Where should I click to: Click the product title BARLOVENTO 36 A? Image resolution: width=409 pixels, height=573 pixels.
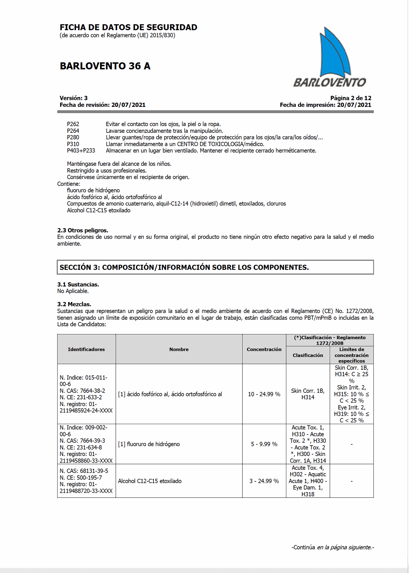pos(105,66)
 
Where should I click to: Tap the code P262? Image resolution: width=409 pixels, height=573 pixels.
pos(73,124)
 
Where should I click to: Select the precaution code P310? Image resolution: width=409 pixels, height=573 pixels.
pos(73,144)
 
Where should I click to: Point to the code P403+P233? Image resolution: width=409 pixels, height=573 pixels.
pos(81,151)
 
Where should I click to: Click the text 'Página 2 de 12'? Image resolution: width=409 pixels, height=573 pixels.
pos(350,98)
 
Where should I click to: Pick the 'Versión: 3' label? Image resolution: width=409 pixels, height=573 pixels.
pos(73,98)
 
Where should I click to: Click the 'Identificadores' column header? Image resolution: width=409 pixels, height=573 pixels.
pos(86,349)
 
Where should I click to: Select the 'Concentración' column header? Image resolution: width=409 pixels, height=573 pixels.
pos(264,349)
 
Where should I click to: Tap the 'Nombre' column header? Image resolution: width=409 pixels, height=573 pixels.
pos(179,349)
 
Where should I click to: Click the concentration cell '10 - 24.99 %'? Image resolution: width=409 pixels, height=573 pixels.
pos(264,394)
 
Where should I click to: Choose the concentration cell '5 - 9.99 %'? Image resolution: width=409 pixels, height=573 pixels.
pos(264,444)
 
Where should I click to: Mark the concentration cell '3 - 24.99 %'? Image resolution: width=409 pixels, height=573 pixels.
pos(264,481)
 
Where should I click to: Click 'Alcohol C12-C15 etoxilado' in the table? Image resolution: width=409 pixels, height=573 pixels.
pos(150,481)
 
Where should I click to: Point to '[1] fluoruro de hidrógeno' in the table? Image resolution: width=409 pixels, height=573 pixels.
pos(149,444)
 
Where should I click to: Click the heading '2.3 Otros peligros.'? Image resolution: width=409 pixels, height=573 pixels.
pos(83,230)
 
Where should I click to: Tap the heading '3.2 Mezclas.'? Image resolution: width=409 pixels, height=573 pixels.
pos(74,304)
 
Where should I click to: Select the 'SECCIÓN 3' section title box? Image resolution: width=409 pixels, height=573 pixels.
pos(215,267)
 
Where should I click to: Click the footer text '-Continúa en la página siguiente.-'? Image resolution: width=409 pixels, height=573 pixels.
pos(333,547)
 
